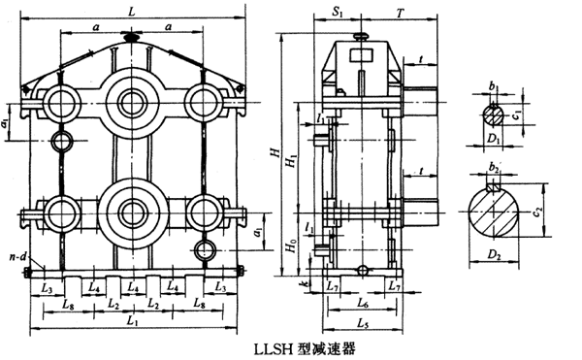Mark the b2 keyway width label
point(493,167)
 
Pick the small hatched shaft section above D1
point(494,116)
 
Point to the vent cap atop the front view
point(132,37)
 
